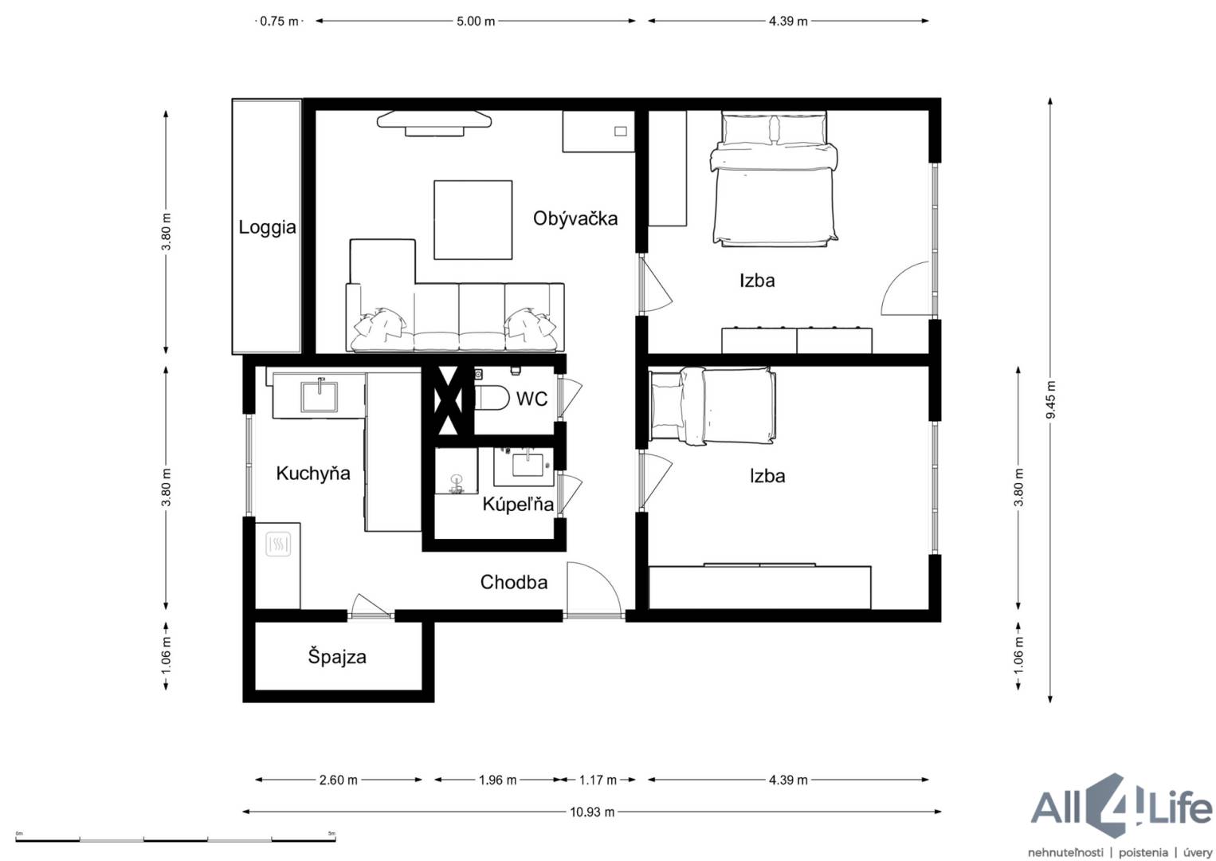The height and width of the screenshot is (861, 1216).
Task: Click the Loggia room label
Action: [267, 228]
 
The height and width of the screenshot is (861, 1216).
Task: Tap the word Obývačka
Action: [575, 218]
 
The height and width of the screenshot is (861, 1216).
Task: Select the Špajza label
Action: [337, 657]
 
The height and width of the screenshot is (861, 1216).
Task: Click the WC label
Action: [532, 399]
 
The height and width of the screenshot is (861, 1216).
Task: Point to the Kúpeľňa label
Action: [518, 504]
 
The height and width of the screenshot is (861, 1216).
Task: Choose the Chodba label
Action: [513, 582]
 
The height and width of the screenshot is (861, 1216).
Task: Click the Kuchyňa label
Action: [312, 473]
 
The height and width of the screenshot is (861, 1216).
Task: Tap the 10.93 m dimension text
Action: [592, 812]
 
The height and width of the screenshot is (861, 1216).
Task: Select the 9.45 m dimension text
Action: [1050, 399]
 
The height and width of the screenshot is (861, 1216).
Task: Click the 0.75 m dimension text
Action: [279, 22]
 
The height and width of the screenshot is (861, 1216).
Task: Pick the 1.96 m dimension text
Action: [497, 780]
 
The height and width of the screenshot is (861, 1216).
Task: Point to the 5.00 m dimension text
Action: [476, 22]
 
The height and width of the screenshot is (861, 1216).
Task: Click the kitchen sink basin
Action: [320, 396]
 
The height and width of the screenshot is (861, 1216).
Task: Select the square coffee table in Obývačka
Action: [473, 220]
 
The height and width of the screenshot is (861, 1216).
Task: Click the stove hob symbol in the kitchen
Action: [278, 545]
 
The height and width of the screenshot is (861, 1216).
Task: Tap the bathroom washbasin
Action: [527, 466]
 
